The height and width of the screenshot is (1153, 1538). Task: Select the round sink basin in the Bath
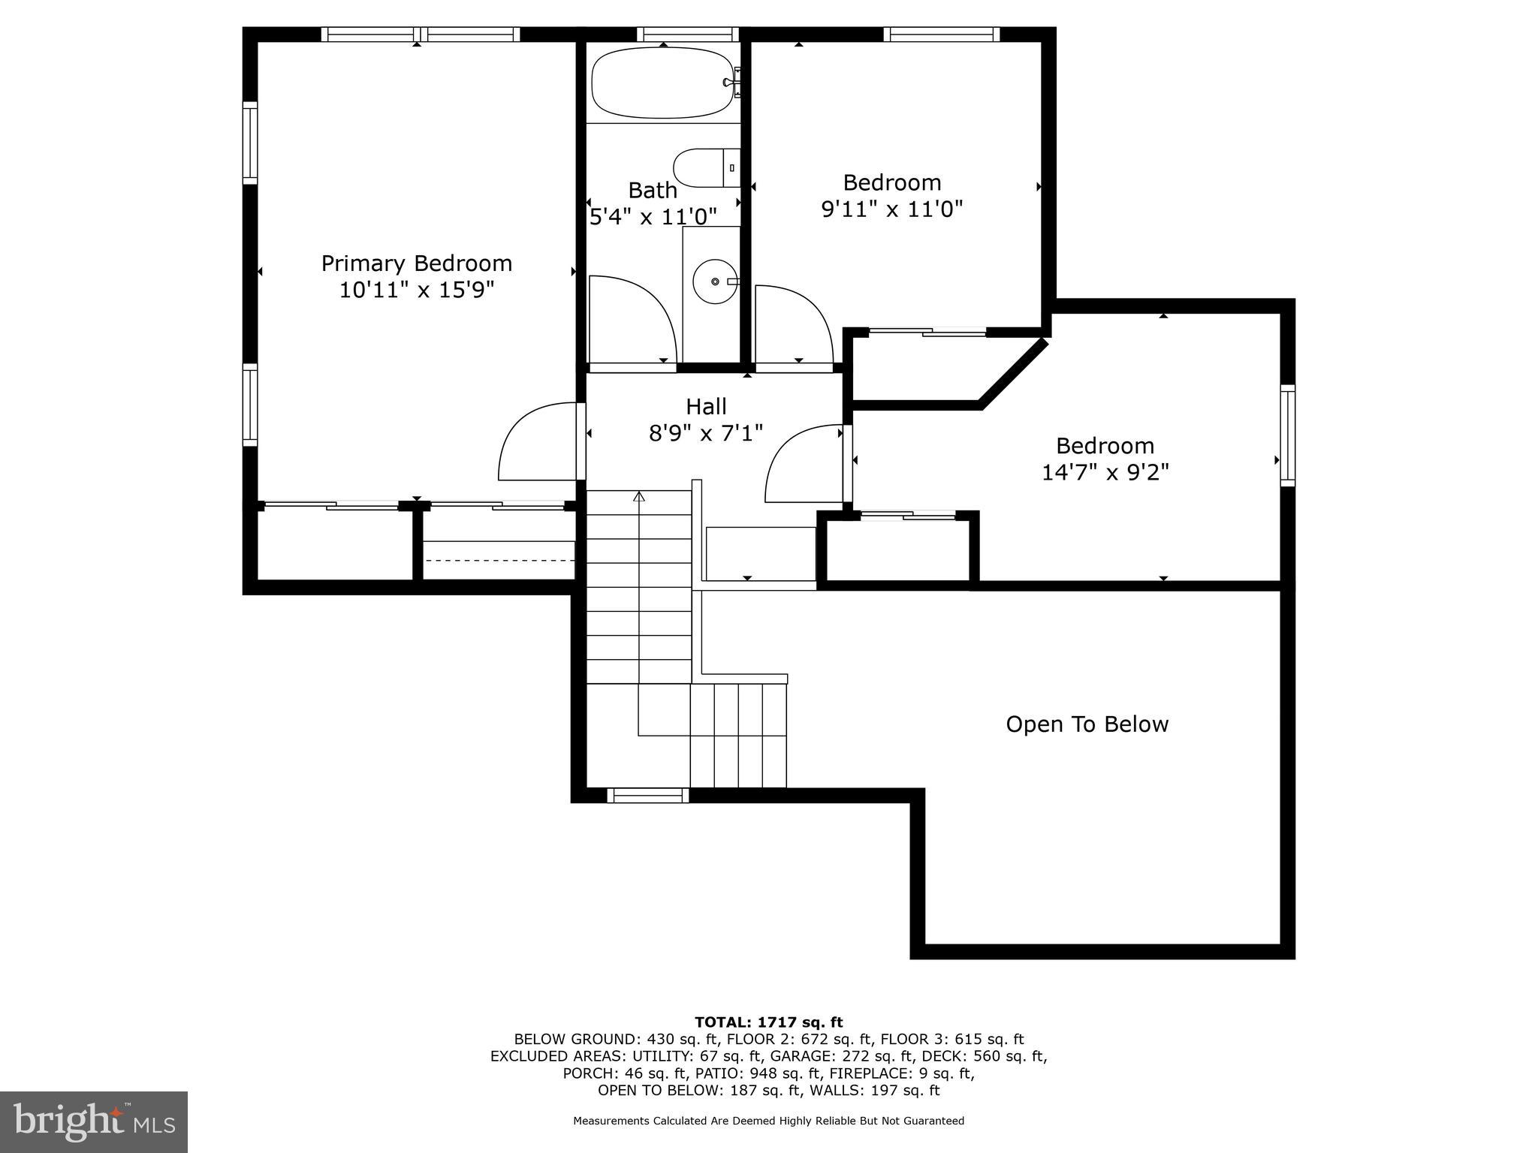pyautogui.click(x=714, y=281)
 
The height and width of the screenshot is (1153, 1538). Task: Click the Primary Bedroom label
pyautogui.click(x=417, y=263)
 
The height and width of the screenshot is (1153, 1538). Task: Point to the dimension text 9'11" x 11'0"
pyautogui.click(x=891, y=209)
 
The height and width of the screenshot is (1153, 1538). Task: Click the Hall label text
pyautogui.click(x=706, y=407)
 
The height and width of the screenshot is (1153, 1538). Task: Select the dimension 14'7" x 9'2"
pyautogui.click(x=1105, y=472)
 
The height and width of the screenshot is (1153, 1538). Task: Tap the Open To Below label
pyautogui.click(x=1087, y=724)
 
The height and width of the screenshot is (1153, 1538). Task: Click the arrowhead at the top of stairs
pyautogui.click(x=639, y=496)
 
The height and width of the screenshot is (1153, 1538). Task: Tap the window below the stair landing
pyautogui.click(x=647, y=795)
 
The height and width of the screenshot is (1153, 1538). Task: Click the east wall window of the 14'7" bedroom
pyautogui.click(x=1287, y=435)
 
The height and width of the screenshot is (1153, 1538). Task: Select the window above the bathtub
pyautogui.click(x=688, y=34)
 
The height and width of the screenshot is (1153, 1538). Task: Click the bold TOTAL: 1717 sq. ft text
pyautogui.click(x=768, y=1022)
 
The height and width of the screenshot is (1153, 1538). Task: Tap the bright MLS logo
pyautogui.click(x=94, y=1121)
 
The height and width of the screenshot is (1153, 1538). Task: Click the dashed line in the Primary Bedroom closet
pyautogui.click(x=499, y=560)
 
